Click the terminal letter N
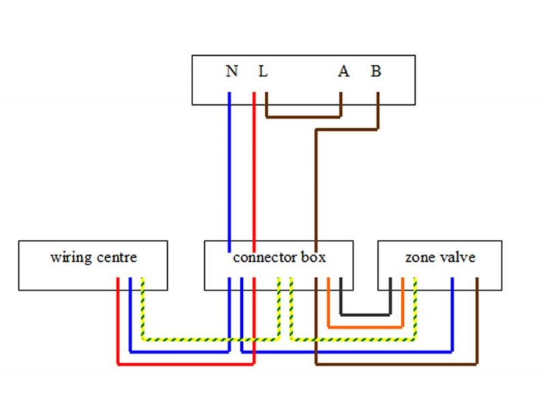pyautogui.click(x=231, y=71)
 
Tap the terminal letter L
pyautogui.click(x=262, y=71)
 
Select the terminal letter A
pyautogui.click(x=343, y=71)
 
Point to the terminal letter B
pyautogui.click(x=376, y=71)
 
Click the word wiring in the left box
pyautogui.click(x=71, y=258)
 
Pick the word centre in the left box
pyautogui.click(x=116, y=258)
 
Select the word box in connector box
pyautogui.click(x=313, y=258)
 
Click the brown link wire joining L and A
pyautogui.click(x=303, y=116)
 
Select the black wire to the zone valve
pyautogui.click(x=365, y=315)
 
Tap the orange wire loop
pyautogui.click(x=365, y=327)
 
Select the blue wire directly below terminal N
pyautogui.click(x=229, y=170)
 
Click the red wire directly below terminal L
pyautogui.click(x=254, y=170)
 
